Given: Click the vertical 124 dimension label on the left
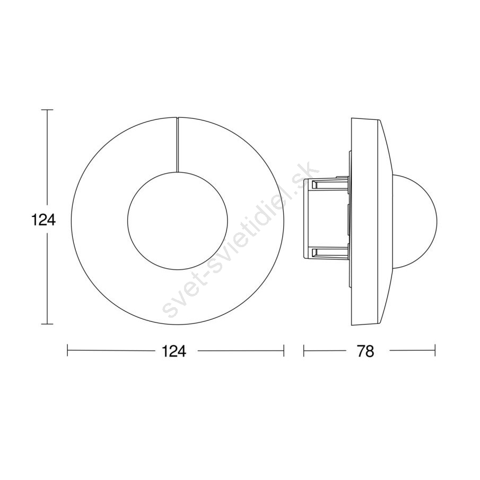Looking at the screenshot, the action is click(43, 220).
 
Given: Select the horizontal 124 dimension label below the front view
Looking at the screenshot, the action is click(174, 352).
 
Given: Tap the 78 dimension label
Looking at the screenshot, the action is click(365, 352).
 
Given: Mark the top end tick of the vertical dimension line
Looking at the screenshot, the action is click(47, 110).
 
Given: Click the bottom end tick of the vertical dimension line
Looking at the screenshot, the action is click(47, 324).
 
